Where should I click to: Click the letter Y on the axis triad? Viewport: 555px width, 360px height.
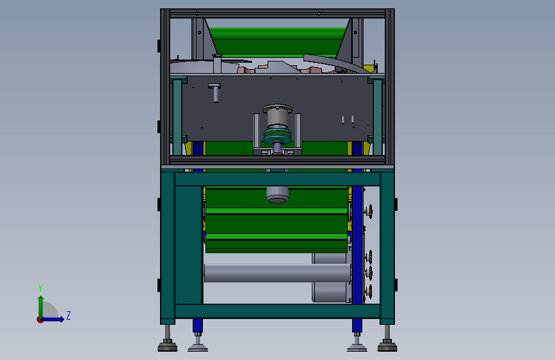40,288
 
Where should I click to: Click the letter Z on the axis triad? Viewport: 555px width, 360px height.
68,315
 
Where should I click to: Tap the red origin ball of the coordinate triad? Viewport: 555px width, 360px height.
40,320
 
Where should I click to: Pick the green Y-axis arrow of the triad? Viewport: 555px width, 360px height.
40,304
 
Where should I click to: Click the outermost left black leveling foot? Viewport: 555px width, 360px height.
168,346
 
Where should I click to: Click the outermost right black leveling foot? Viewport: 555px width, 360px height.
387,346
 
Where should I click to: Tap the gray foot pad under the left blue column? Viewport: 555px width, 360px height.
198,347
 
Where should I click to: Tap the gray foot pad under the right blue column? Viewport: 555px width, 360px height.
357,347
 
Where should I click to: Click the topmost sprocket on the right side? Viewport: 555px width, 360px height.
369,212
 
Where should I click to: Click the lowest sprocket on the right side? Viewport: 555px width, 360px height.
369,293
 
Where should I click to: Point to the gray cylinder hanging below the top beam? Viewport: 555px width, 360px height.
277,194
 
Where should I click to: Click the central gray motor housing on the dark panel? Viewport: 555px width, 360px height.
278,116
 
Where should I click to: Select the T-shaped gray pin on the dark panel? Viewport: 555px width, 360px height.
215,92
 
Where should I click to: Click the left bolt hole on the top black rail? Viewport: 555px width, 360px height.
197,13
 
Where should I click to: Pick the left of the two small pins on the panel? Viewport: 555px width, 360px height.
344,119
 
